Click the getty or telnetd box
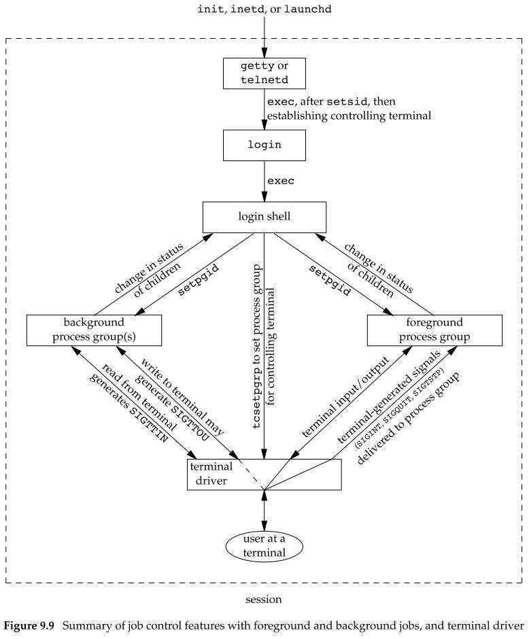pyautogui.click(x=264, y=73)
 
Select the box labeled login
pyautogui.click(x=264, y=145)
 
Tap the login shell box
pyautogui.click(x=264, y=218)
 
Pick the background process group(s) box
pyautogui.click(x=94, y=330)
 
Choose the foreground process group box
pyautogui.click(x=434, y=330)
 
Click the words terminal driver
pyautogui.click(x=211, y=474)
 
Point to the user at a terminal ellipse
pyautogui.click(x=264, y=546)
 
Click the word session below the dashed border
pyautogui.click(x=264, y=600)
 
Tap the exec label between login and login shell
pyautogui.click(x=281, y=181)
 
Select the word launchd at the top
pyautogui.click(x=308, y=9)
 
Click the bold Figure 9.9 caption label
pyautogui.click(x=29, y=625)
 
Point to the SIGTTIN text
pyautogui.click(x=149, y=425)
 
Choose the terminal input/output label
pyautogui.click(x=345, y=397)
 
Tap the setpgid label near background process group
pyautogui.click(x=199, y=279)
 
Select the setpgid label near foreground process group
pyautogui.click(x=330, y=280)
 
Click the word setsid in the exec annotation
pyautogui.click(x=347, y=101)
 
